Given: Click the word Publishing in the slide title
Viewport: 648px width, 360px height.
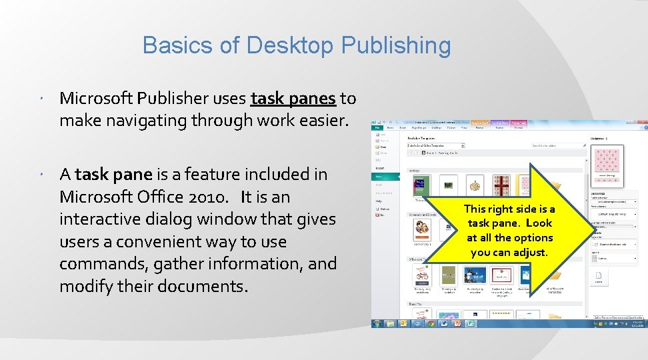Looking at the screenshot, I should (x=396, y=46).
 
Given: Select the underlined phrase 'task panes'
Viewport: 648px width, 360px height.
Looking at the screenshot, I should (x=293, y=99).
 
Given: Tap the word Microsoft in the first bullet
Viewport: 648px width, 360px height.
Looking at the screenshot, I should (x=97, y=99).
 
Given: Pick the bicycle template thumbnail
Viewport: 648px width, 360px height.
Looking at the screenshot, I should (x=423, y=276).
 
